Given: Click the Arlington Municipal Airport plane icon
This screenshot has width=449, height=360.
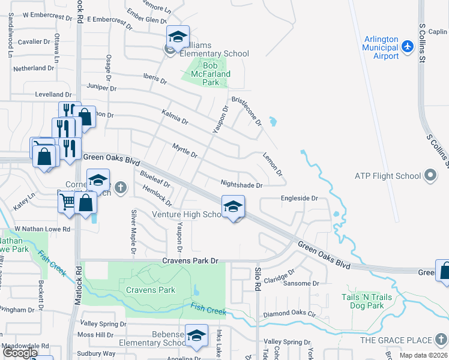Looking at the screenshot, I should [408, 46].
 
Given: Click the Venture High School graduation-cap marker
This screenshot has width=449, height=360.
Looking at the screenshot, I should [233, 207].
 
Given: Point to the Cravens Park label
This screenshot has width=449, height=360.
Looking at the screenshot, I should [150, 290].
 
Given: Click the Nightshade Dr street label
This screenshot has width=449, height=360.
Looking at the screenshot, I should [241, 185].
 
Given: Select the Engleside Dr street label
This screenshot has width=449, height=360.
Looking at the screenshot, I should [298, 198].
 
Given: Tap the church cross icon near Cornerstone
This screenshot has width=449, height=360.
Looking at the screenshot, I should [121, 188].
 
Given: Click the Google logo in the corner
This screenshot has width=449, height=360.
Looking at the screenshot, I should [20, 353].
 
